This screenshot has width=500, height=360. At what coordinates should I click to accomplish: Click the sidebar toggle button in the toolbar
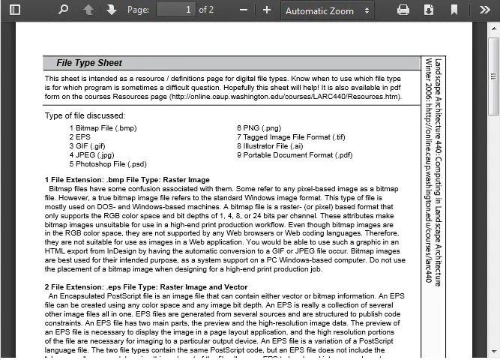(14, 10)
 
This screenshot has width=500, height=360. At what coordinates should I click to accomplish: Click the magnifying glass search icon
(63, 10)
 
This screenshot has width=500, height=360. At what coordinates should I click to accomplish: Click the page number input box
(176, 10)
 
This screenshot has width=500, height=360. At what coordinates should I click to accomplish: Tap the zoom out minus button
(244, 10)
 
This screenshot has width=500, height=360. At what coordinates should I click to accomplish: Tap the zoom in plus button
(267, 10)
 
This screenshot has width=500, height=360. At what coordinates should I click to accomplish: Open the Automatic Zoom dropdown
(328, 10)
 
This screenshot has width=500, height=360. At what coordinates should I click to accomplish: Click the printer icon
(403, 10)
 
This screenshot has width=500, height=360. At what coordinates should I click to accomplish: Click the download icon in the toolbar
(429, 10)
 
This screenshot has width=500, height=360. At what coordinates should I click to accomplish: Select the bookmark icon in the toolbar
(454, 10)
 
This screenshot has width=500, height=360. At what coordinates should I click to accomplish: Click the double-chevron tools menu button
(484, 10)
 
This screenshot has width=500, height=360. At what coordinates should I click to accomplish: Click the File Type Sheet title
(89, 63)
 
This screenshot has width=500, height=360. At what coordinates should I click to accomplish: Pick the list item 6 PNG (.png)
(259, 128)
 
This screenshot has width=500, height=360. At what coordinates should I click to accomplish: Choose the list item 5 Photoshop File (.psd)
(108, 163)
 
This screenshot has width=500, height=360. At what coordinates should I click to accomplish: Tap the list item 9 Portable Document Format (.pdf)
(295, 155)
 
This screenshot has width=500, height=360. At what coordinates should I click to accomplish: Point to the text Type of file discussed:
(85, 115)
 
